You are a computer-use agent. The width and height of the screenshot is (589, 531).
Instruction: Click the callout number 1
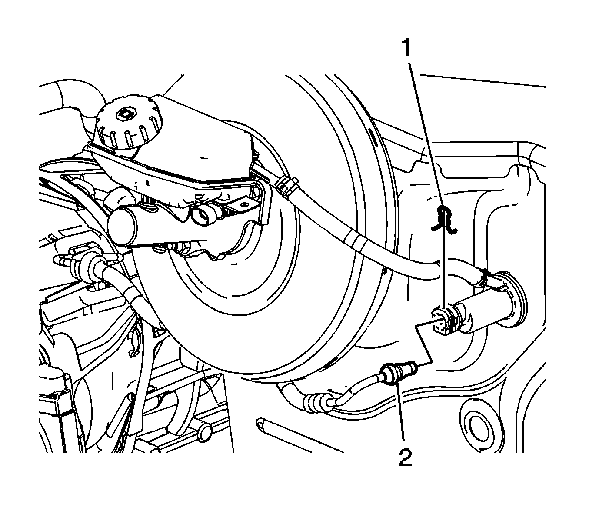point(407,49)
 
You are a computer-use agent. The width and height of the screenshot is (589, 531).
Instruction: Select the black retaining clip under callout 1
point(444,219)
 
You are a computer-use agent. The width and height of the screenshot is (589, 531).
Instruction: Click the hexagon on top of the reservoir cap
point(127,114)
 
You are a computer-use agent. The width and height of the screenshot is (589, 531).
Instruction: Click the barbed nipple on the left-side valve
point(62,260)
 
